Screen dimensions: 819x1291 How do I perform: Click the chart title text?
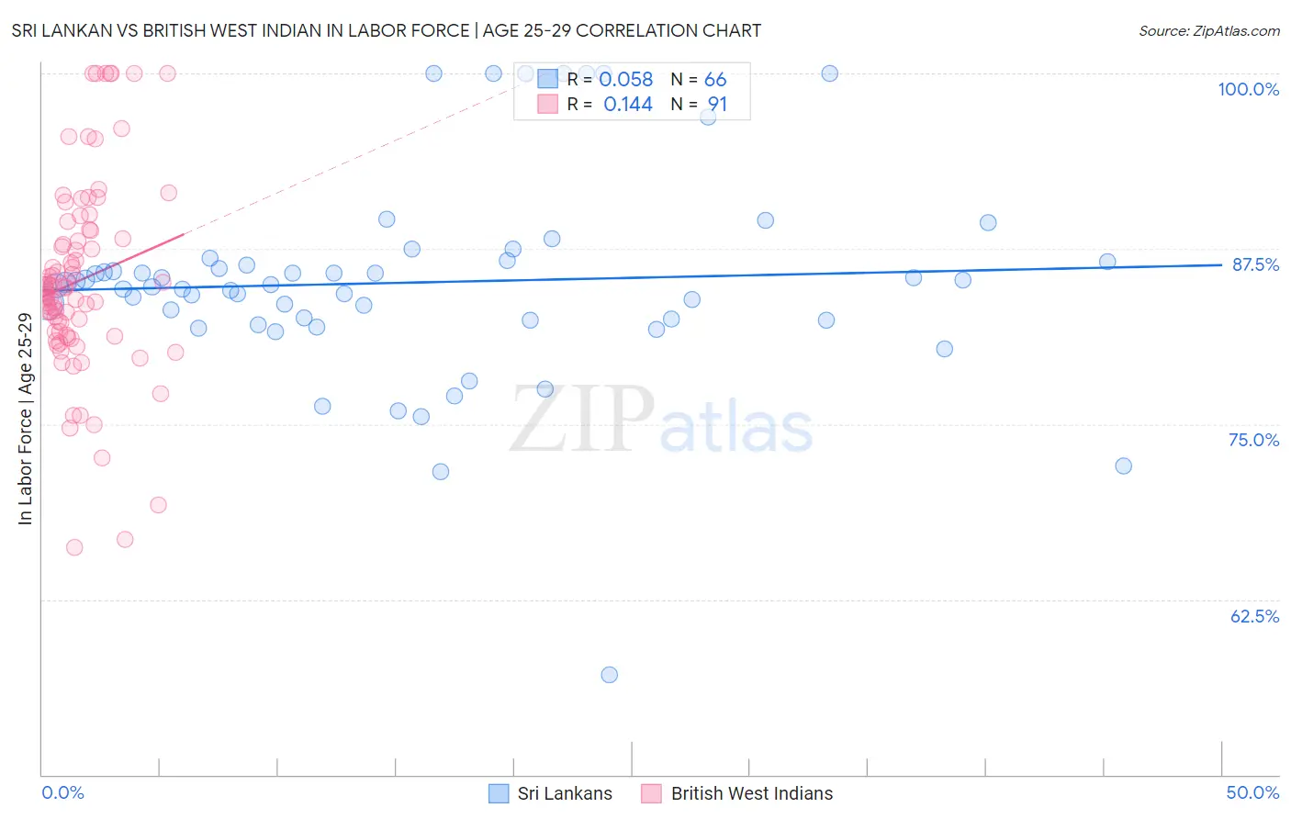[x=386, y=30]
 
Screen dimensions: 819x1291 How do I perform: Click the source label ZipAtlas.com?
[x=1208, y=30]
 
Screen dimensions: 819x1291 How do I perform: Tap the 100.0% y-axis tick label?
[x=1248, y=89]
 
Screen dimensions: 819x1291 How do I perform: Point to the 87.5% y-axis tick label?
[x=1254, y=264]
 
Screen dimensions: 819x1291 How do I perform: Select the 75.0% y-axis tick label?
[x=1253, y=440]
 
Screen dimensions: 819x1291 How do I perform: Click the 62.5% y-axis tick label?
[x=1254, y=616]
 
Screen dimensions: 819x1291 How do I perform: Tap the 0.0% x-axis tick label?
[x=62, y=792]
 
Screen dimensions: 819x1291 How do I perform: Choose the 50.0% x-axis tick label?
[x=1252, y=792]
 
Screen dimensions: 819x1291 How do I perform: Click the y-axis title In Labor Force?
[x=25, y=419]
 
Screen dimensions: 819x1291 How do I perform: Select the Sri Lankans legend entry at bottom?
[x=550, y=793]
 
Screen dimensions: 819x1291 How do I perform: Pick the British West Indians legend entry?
[x=737, y=793]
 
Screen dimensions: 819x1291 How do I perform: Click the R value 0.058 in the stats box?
[x=625, y=80]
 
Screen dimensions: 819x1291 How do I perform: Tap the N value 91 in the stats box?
[x=717, y=105]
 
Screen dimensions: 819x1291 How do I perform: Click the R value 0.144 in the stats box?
[x=627, y=105]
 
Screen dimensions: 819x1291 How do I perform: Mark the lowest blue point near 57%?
[x=609, y=675]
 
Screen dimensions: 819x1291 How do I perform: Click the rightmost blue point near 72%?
[x=1123, y=466]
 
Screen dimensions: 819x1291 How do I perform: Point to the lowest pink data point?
[x=74, y=547]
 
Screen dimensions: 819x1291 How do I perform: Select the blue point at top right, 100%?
[x=829, y=73]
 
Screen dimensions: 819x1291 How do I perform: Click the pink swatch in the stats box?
[x=547, y=104]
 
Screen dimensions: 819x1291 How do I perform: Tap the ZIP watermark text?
[x=582, y=420]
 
